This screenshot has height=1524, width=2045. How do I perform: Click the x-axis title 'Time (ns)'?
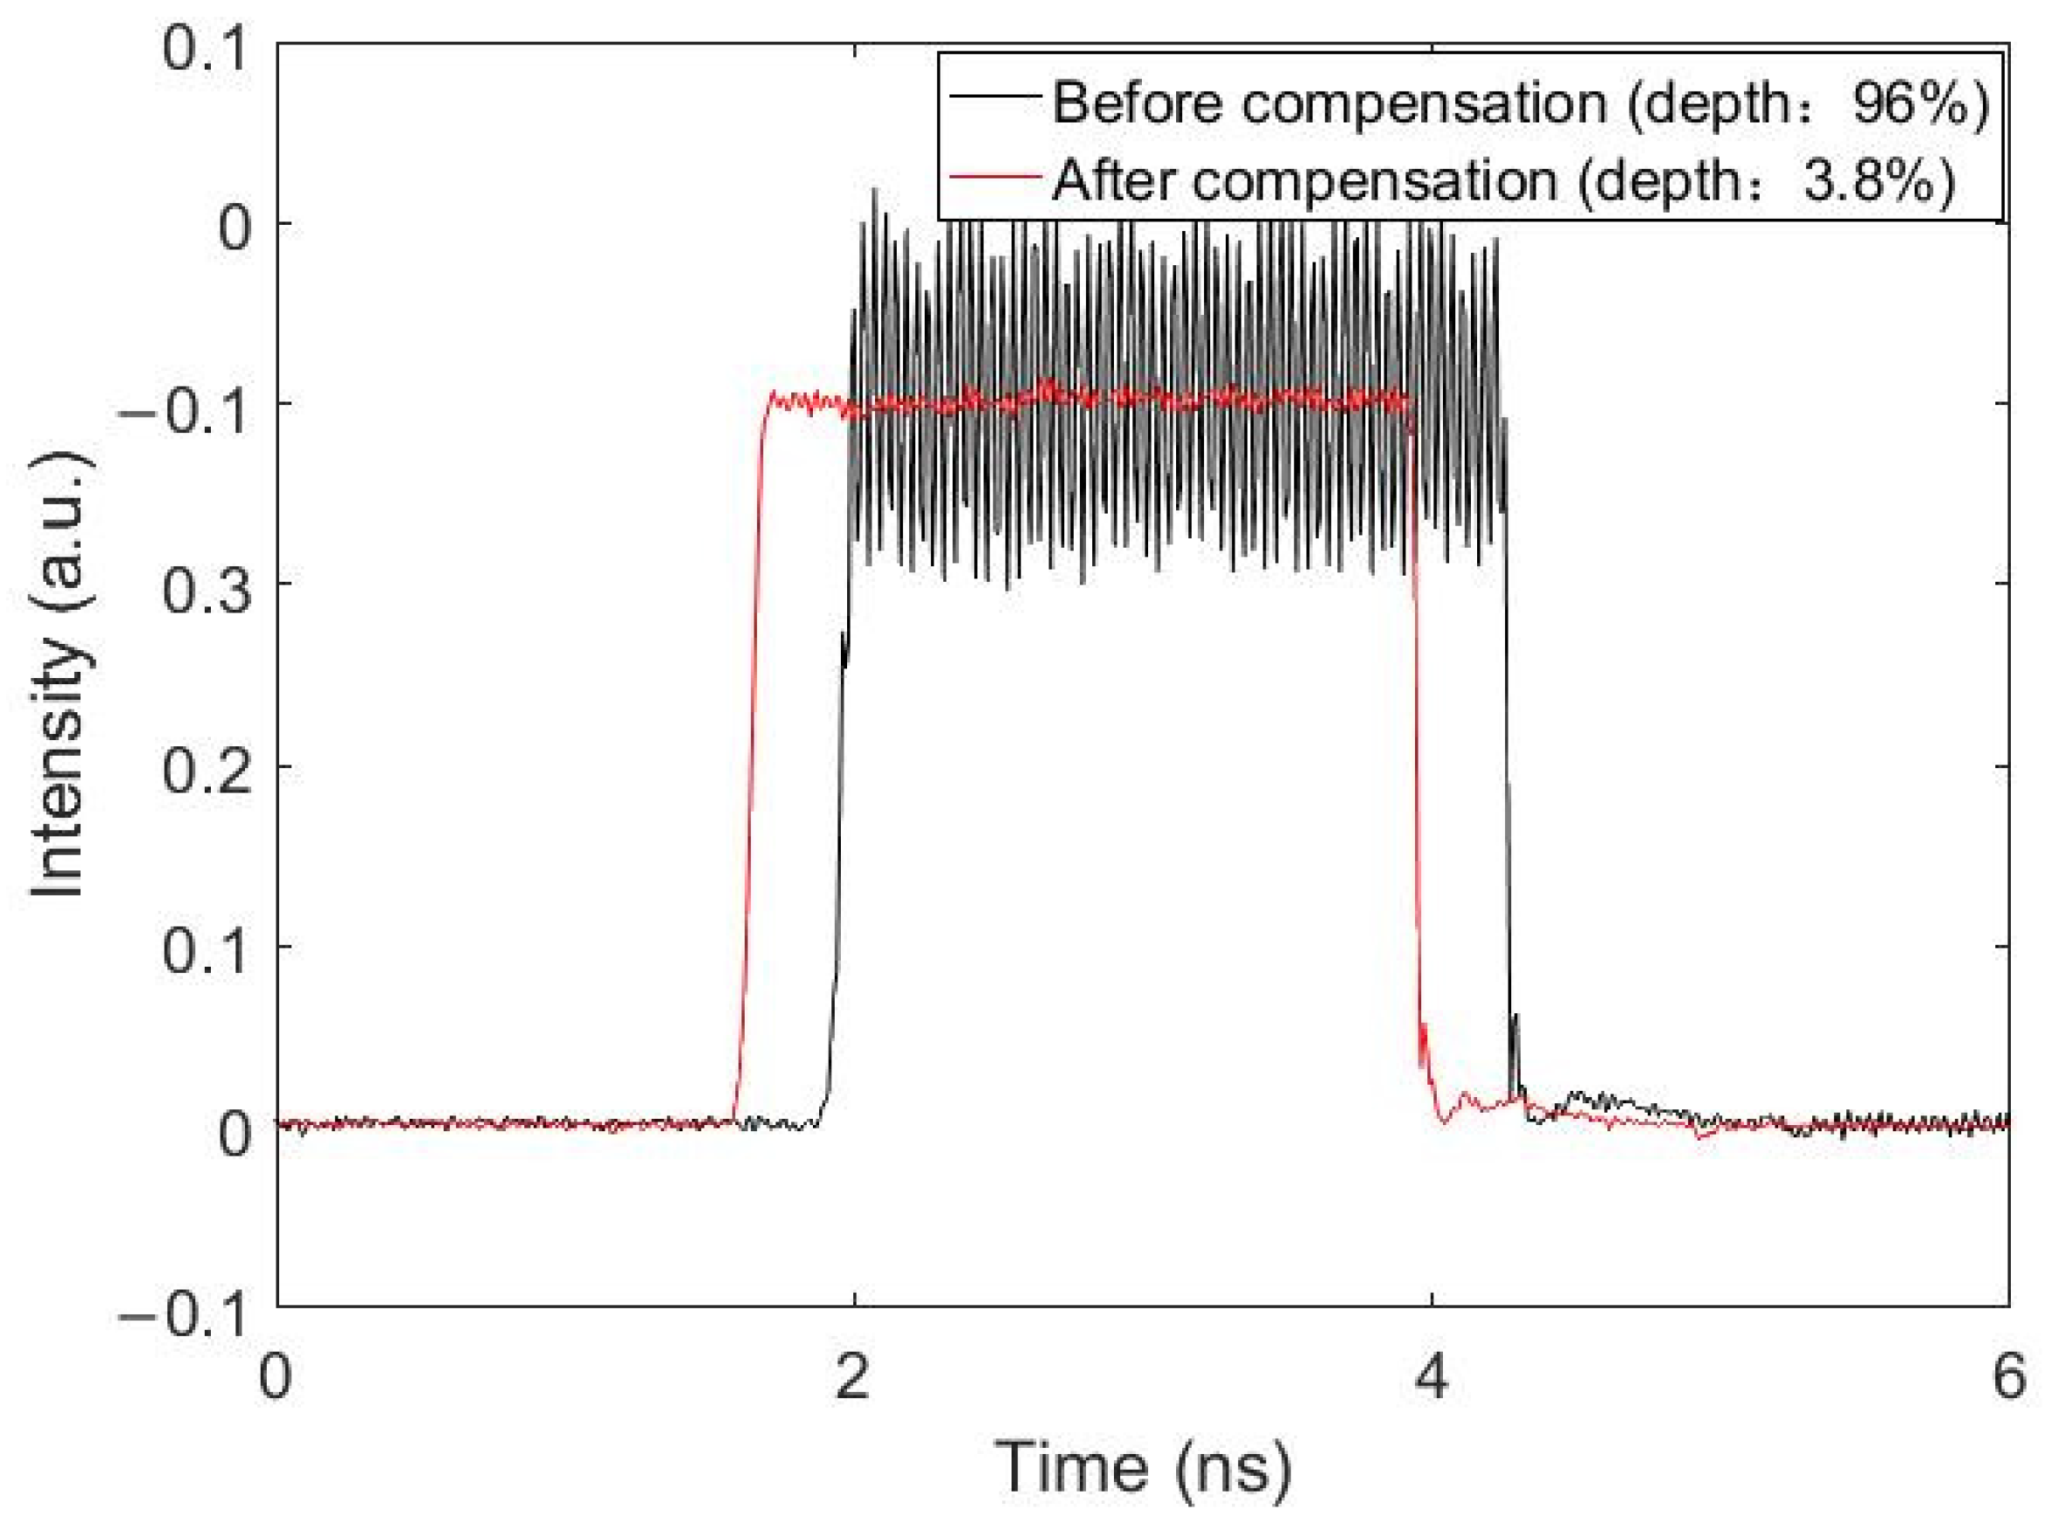click(x=1143, y=1466)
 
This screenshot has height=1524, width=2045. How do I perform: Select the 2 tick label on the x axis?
click(x=852, y=1377)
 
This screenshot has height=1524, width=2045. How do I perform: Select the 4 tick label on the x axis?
click(x=1431, y=1377)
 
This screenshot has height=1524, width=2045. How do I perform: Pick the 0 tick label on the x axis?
click(x=275, y=1377)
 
